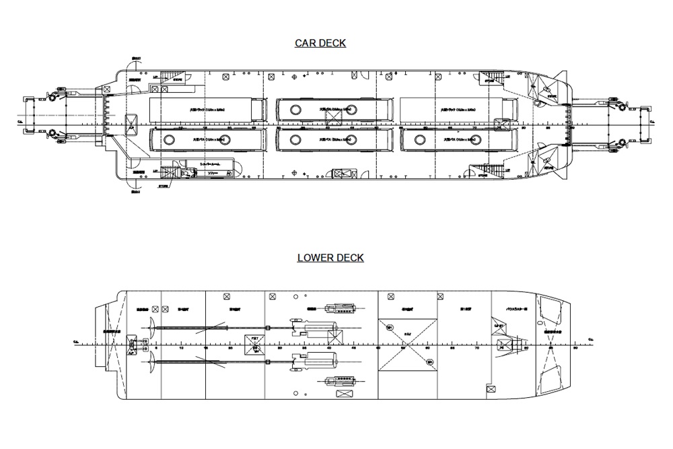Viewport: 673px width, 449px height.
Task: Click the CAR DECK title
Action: [x=320, y=44]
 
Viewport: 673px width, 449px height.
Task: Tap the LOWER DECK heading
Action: [x=330, y=258]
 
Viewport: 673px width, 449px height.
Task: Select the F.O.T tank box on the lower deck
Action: [x=254, y=341]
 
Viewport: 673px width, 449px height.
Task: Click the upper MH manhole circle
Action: [x=390, y=328]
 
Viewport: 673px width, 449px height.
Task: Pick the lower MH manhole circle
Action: [x=430, y=363]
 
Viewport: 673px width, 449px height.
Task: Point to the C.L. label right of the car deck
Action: [x=662, y=122]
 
